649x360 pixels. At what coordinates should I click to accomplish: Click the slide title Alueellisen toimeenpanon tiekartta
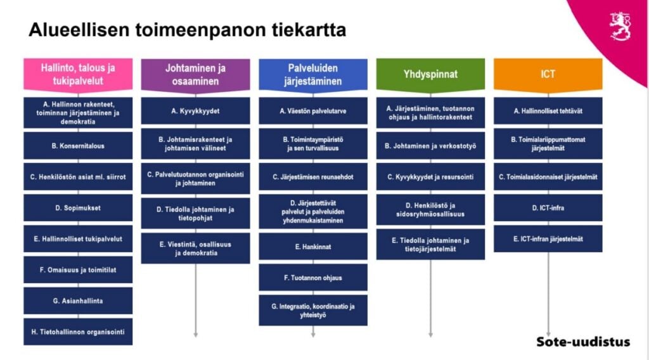[x=187, y=30]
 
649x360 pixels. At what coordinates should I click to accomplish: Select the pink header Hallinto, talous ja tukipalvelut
[x=78, y=75]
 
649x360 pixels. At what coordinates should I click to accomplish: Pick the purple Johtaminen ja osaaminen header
[x=195, y=75]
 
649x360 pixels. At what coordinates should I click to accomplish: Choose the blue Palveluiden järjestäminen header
[x=313, y=75]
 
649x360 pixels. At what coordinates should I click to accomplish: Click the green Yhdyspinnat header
[x=430, y=75]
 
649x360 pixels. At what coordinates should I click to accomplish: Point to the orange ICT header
[x=548, y=75]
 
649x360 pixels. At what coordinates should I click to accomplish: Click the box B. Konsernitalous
[x=78, y=146]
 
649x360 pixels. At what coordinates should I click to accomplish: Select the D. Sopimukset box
[x=78, y=208]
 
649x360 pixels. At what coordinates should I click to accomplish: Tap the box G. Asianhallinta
[x=78, y=301]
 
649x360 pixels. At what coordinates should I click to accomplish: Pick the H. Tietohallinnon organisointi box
[x=78, y=332]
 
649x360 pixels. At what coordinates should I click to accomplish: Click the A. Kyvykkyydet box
[x=195, y=111]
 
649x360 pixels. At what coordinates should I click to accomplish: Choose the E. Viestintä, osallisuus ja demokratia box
[x=195, y=248]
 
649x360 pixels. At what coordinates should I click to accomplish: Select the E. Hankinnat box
[x=313, y=247]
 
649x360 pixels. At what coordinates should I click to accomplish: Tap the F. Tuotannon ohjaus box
[x=313, y=278]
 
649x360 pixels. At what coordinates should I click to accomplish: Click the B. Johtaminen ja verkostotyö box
[x=430, y=146]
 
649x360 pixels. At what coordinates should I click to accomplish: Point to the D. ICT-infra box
[x=548, y=208]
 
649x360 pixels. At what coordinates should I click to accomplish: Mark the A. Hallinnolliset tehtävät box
[x=548, y=111]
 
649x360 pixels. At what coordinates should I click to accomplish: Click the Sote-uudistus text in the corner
[x=583, y=342]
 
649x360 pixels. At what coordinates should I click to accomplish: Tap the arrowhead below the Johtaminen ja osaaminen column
[x=195, y=335]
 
